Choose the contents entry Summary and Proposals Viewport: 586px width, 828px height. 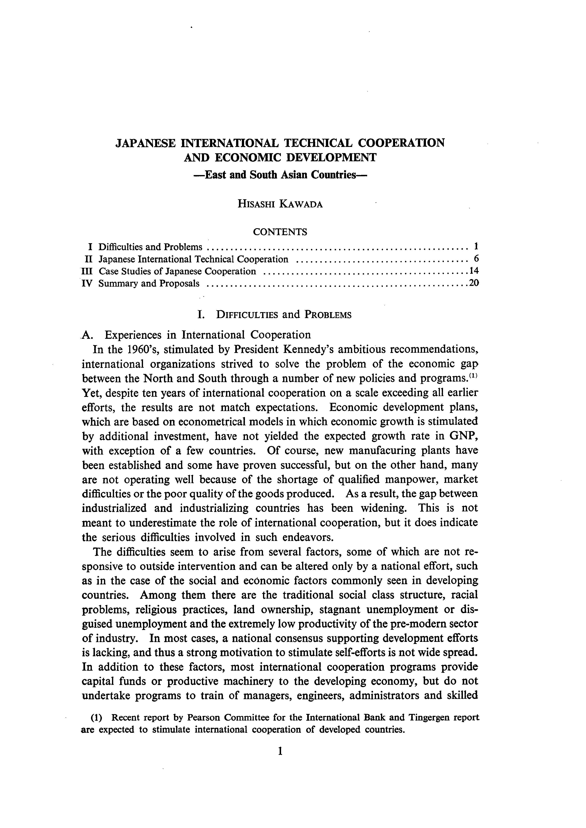pos(149,283)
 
